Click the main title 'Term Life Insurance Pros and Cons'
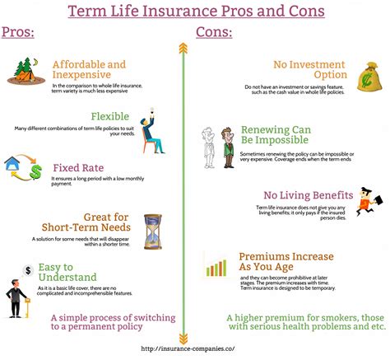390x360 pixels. (x=195, y=12)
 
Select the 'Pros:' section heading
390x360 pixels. (x=18, y=32)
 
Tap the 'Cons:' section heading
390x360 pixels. (x=213, y=32)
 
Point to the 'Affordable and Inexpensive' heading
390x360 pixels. (x=89, y=71)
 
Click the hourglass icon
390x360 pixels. (x=152, y=231)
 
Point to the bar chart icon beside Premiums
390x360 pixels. (x=216, y=266)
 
